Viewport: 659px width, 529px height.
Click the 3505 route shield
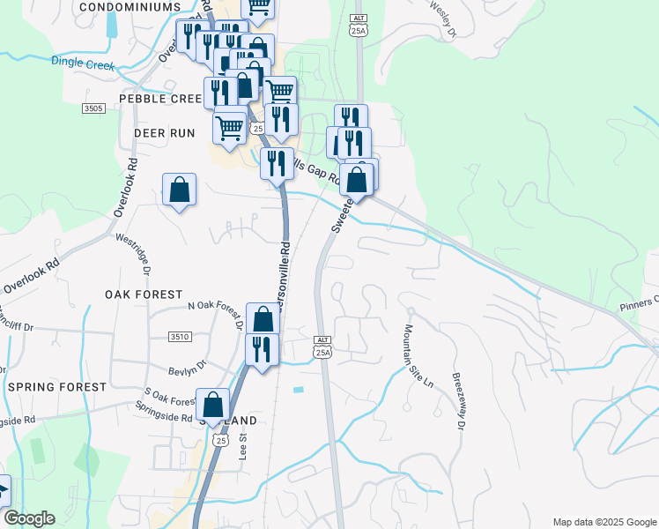(x=93, y=108)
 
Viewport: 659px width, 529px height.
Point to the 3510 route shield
(x=180, y=337)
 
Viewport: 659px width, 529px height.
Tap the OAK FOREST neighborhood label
(x=144, y=294)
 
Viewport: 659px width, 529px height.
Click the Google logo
(x=29, y=518)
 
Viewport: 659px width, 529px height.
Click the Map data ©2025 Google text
(x=604, y=522)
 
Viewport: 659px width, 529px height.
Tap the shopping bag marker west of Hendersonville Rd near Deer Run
(x=179, y=190)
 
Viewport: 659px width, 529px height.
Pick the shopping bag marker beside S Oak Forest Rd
(x=212, y=406)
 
